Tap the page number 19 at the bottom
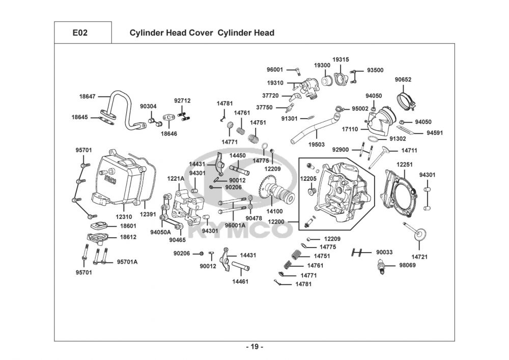click(254, 347)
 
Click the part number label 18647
click(87, 95)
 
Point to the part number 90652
click(403, 79)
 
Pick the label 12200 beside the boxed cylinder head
click(276, 221)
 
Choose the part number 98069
click(407, 265)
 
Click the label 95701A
click(127, 262)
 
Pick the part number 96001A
click(235, 225)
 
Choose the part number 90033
click(384, 253)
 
